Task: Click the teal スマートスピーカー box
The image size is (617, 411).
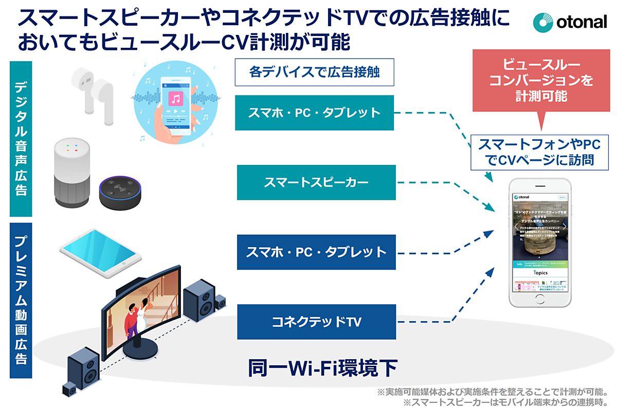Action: click(x=316, y=182)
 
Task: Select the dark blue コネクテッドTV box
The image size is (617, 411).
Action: click(x=316, y=322)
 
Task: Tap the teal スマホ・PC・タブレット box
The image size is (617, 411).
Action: click(x=314, y=113)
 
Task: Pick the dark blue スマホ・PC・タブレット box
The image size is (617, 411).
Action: click(x=316, y=252)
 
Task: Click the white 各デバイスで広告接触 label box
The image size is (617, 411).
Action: click(x=314, y=72)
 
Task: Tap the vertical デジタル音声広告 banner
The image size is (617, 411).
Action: click(x=21, y=139)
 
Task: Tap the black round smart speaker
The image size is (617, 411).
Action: click(x=119, y=192)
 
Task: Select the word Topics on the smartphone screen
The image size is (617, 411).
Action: click(x=540, y=273)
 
